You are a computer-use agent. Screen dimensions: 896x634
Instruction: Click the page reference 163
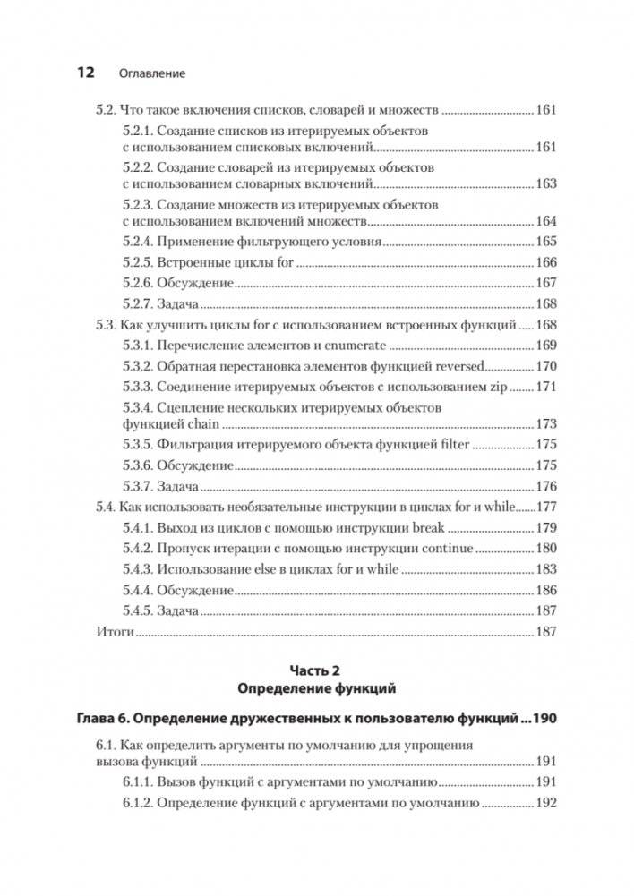point(545,183)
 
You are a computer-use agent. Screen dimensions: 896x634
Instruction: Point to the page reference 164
point(545,221)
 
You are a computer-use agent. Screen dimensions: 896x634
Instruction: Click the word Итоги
point(114,632)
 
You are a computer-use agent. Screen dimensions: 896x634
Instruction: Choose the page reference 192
point(545,804)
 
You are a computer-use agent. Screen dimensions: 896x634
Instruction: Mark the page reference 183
point(545,569)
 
